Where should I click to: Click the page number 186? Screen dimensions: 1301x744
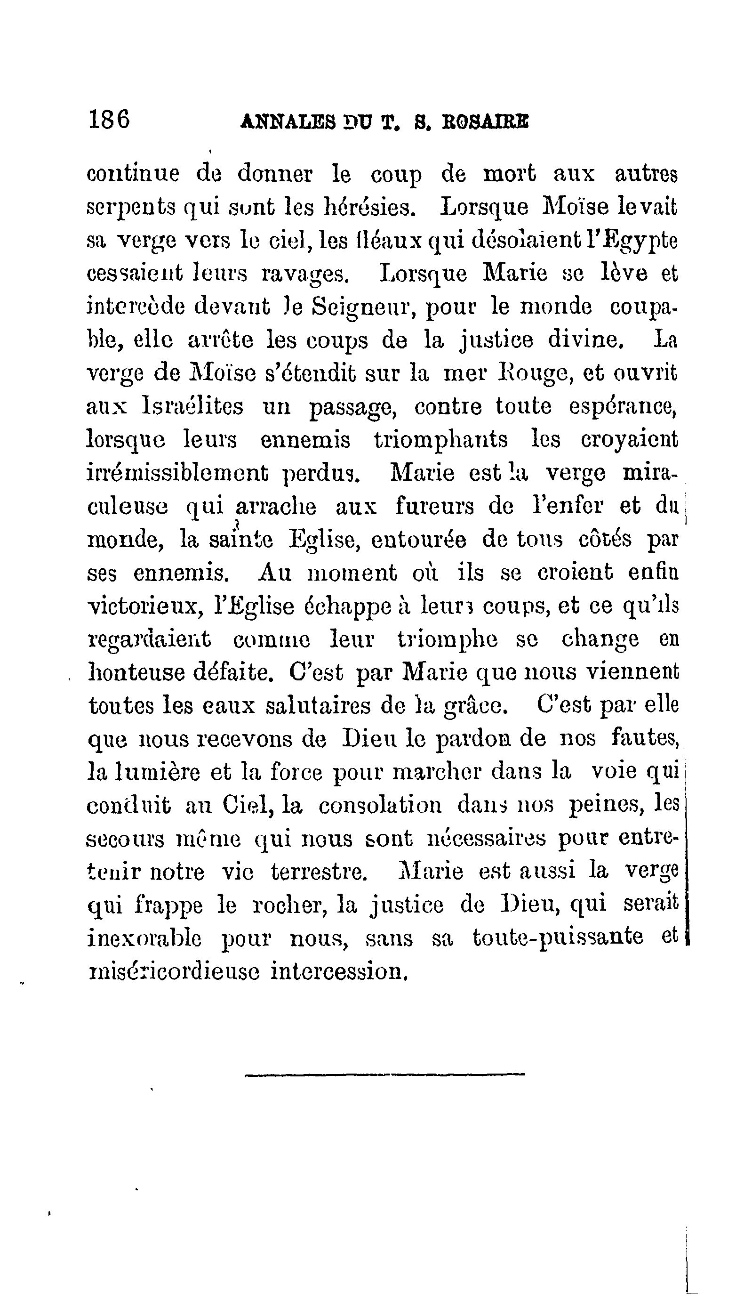(x=109, y=120)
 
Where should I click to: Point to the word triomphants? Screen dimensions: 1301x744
(x=441, y=440)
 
